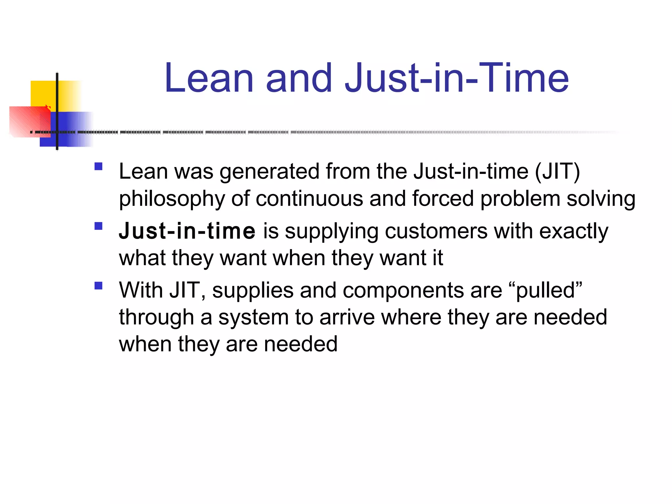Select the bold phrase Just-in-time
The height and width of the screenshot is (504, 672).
pyautogui.click(x=187, y=231)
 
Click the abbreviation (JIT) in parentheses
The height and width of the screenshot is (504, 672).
pyautogui.click(x=557, y=171)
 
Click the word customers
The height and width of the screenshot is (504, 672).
pyautogui.click(x=436, y=231)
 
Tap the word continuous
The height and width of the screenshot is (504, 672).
pyautogui.click(x=309, y=199)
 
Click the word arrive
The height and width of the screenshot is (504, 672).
pyautogui.click(x=347, y=317)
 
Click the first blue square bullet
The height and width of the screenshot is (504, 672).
pyautogui.click(x=98, y=166)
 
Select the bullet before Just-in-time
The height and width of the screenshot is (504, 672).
pyautogui.click(x=98, y=226)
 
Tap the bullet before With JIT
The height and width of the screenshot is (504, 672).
pyautogui.click(x=98, y=285)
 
